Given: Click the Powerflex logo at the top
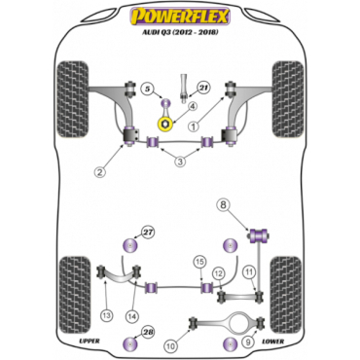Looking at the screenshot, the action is (180, 17).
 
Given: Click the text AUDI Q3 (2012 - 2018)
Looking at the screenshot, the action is (180, 32).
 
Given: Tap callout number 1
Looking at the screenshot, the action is (194, 126).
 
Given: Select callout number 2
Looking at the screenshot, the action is (100, 172).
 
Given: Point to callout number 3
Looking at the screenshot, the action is (180, 162).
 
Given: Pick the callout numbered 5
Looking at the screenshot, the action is (148, 89).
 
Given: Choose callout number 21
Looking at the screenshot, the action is (203, 88).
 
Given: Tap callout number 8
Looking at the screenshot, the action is (225, 204).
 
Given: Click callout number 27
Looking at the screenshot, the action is (148, 233).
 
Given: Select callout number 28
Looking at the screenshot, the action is (148, 332).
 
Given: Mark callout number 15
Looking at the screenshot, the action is (200, 262).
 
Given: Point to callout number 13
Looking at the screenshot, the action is (107, 314).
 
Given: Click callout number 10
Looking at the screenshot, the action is (172, 346).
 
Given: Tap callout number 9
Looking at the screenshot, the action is (248, 342).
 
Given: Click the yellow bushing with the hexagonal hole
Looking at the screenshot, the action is (165, 125).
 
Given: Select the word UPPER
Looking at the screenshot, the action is (90, 341).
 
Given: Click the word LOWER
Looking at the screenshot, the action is (272, 342).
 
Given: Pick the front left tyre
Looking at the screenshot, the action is (73, 99).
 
